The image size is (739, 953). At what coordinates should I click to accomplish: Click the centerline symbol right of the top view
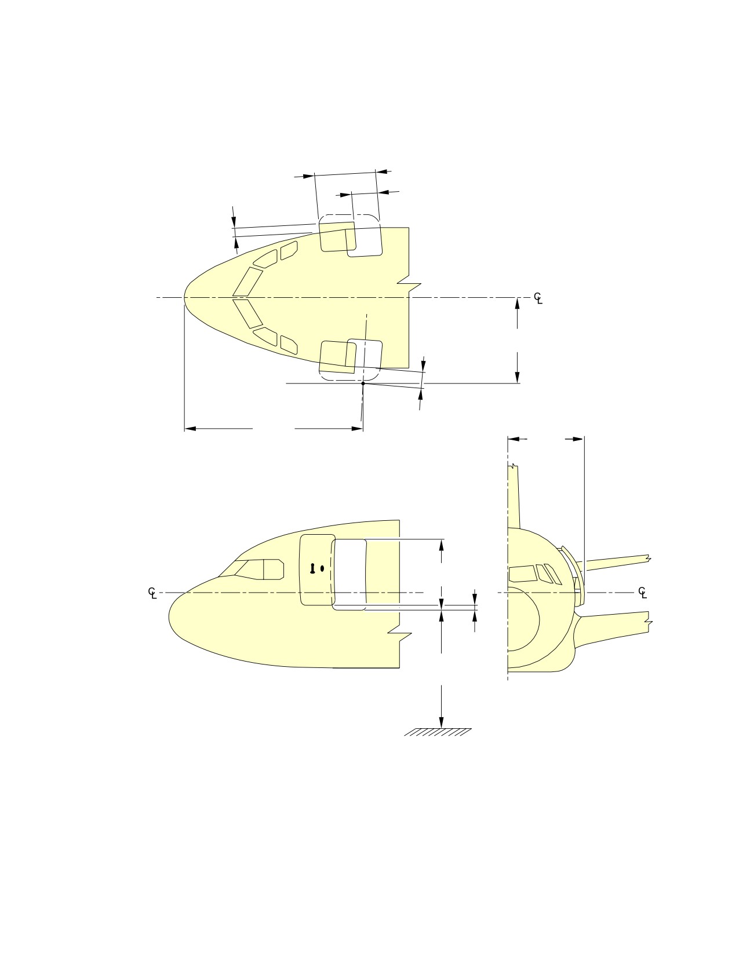coord(538,298)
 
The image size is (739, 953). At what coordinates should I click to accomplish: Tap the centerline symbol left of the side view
coord(152,593)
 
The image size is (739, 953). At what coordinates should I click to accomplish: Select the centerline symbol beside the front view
coord(643,593)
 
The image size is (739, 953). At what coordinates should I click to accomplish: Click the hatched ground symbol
coord(437,732)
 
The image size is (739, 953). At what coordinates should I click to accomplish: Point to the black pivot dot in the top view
coord(363,384)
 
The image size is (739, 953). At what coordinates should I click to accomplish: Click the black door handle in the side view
coord(312,569)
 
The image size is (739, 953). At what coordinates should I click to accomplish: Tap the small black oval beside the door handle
coord(322,568)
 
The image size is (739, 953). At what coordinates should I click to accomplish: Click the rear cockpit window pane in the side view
coord(273,569)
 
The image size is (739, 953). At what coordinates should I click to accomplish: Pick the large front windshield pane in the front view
coord(522,574)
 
